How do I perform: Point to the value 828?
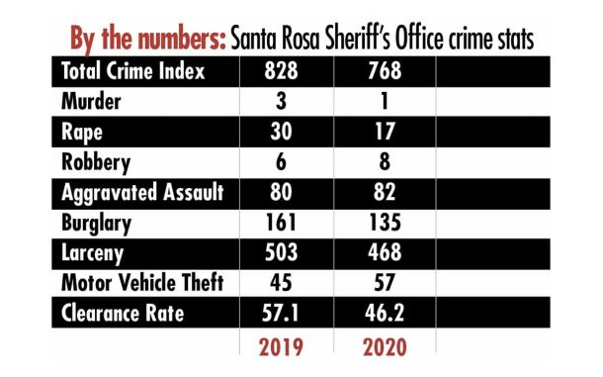(x=284, y=71)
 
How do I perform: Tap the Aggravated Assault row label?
(x=140, y=192)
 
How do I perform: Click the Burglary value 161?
(x=284, y=223)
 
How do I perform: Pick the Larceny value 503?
(x=284, y=253)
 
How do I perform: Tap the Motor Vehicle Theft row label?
(x=142, y=284)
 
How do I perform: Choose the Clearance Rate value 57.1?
(x=284, y=315)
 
